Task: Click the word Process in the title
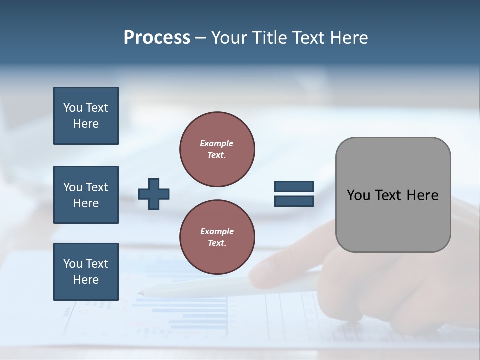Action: coord(157,38)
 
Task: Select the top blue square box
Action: coord(86,116)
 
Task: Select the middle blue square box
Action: coord(86,195)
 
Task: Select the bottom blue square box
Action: coord(86,272)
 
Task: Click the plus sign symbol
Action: coord(154,193)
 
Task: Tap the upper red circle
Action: coord(217,149)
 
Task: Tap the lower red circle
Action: coord(217,237)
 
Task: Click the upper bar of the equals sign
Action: coord(294,187)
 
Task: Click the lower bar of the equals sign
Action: coord(294,201)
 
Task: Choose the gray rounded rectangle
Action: coord(393,195)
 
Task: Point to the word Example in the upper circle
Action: coord(216,144)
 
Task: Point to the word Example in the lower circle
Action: coord(217,232)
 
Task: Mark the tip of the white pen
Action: coord(140,293)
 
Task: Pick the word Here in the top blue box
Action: coord(86,124)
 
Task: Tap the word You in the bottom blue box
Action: coord(73,264)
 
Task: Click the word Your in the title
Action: coord(229,38)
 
